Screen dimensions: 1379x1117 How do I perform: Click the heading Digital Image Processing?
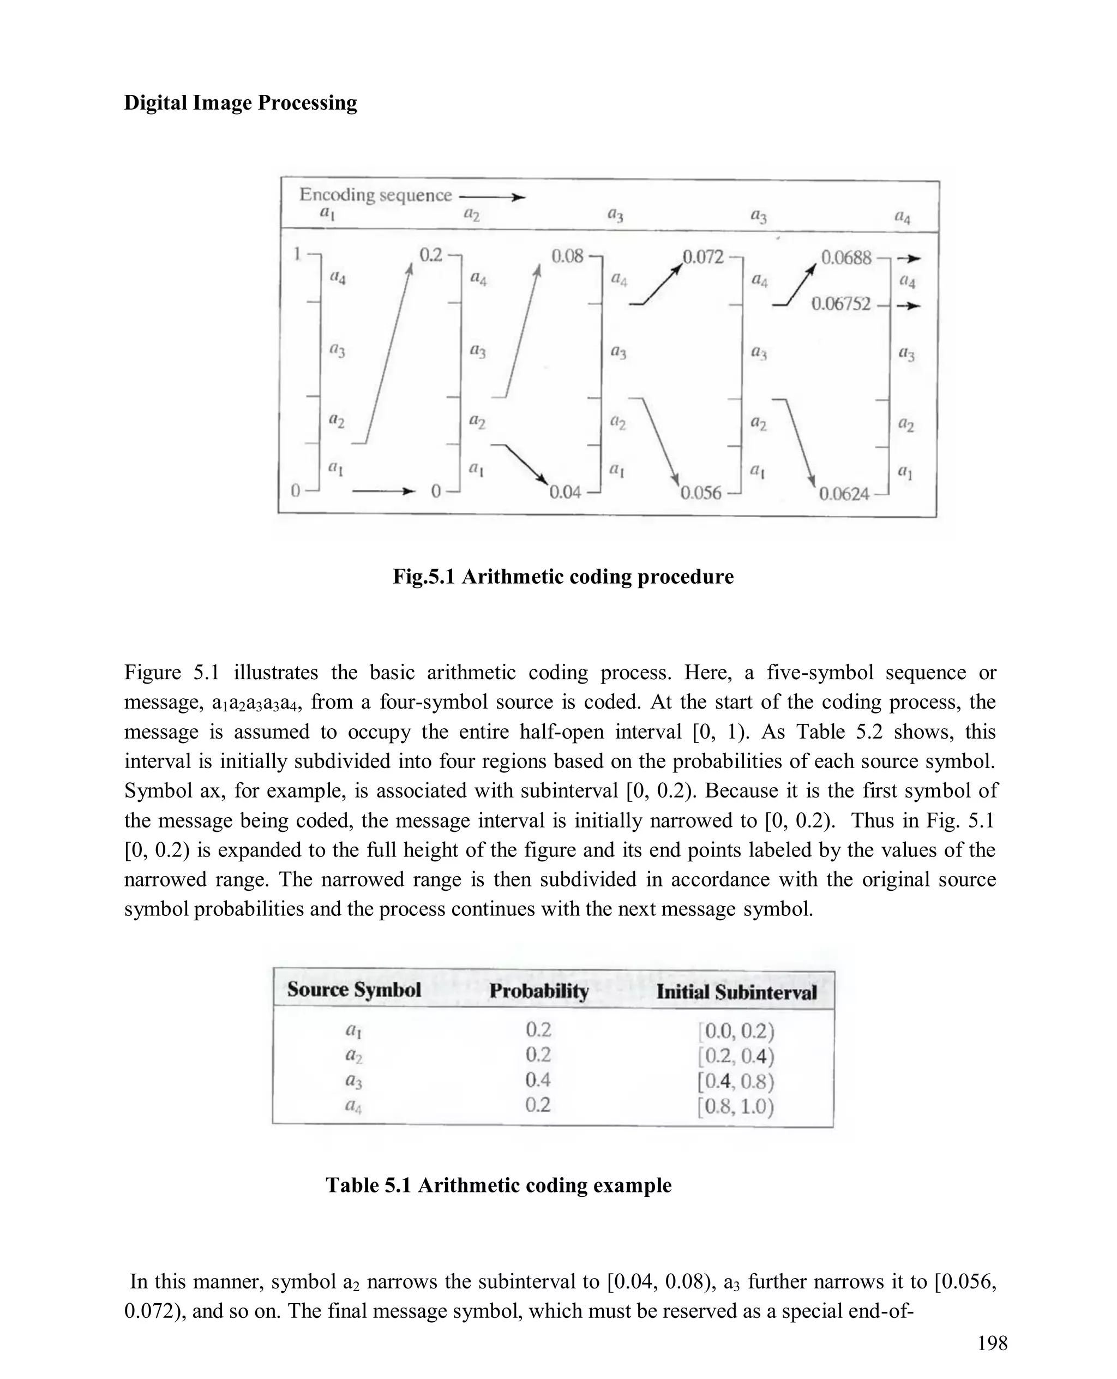(x=240, y=103)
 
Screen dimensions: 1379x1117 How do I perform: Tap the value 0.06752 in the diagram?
(x=840, y=304)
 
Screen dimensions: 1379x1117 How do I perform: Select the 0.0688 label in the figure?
(x=845, y=258)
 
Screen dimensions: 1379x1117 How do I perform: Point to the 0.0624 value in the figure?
(x=844, y=494)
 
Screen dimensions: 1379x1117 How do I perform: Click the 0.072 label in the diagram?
(x=702, y=257)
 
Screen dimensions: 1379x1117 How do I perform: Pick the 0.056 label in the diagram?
(x=701, y=493)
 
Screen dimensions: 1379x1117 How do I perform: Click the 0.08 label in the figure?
(x=567, y=257)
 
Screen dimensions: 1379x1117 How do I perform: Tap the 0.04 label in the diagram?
(x=565, y=493)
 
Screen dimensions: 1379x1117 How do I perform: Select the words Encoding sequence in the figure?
(x=375, y=195)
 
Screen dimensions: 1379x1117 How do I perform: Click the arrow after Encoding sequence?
(x=492, y=197)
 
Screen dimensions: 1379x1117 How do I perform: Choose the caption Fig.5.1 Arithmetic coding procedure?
(x=563, y=576)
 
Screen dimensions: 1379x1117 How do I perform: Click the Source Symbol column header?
(x=354, y=990)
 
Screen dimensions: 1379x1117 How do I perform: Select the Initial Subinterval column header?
(x=736, y=992)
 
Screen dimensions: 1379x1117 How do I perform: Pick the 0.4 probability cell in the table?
(x=538, y=1080)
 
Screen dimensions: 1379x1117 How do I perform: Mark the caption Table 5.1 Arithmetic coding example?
(x=499, y=1185)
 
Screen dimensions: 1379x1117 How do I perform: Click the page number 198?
(x=992, y=1344)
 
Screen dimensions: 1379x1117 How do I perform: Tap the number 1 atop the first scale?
(x=297, y=254)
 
